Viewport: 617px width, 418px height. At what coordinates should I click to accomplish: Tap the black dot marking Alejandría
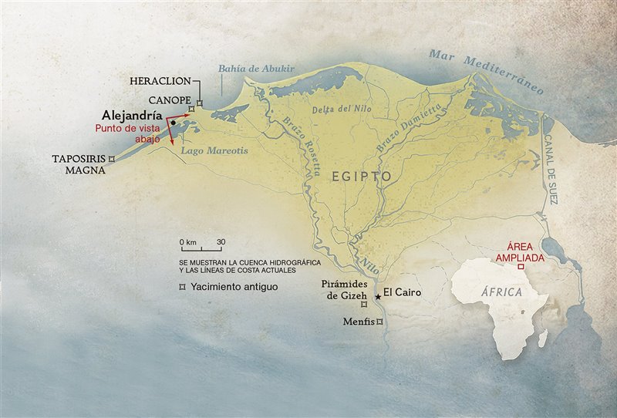174,122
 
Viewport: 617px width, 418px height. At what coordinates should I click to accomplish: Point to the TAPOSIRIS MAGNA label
79,163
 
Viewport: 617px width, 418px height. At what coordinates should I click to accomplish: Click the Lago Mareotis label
215,151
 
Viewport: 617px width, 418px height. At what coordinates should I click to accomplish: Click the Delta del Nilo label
336,109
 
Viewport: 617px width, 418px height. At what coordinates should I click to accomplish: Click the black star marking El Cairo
377,297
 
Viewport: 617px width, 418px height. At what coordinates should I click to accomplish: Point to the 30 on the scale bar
221,242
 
